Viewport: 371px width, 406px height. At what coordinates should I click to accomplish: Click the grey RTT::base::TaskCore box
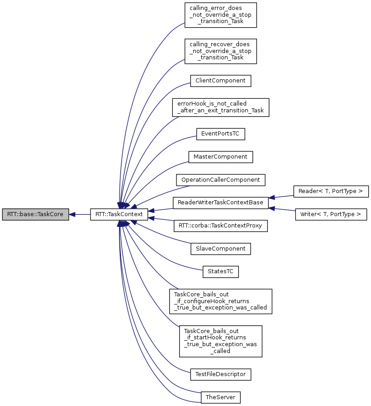(x=35, y=214)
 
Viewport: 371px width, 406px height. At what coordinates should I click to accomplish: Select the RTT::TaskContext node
(x=119, y=214)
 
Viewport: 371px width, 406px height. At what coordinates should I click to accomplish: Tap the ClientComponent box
(x=220, y=81)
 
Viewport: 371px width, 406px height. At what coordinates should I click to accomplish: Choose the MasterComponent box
(x=220, y=157)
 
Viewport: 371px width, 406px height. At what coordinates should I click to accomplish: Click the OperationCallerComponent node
(x=220, y=180)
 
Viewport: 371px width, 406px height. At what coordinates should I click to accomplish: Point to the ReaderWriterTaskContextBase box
(x=220, y=203)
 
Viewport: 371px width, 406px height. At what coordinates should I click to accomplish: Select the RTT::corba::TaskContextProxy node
(x=220, y=226)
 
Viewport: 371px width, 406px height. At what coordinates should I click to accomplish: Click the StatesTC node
(x=220, y=272)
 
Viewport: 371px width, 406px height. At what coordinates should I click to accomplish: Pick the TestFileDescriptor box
(x=220, y=374)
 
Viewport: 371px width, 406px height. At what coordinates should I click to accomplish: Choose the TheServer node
(x=220, y=397)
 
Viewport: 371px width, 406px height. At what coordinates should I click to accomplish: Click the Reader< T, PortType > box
(x=331, y=191)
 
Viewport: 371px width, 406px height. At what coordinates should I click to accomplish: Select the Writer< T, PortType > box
(x=331, y=214)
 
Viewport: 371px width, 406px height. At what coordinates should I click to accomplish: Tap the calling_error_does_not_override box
(x=220, y=15)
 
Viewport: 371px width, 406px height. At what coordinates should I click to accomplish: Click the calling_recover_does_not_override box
(x=220, y=51)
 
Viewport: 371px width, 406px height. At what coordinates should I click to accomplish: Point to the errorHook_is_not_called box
(x=220, y=107)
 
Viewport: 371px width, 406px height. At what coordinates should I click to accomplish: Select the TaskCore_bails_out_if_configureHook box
(x=220, y=301)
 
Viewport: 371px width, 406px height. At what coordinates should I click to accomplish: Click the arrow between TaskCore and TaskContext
(x=80, y=214)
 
